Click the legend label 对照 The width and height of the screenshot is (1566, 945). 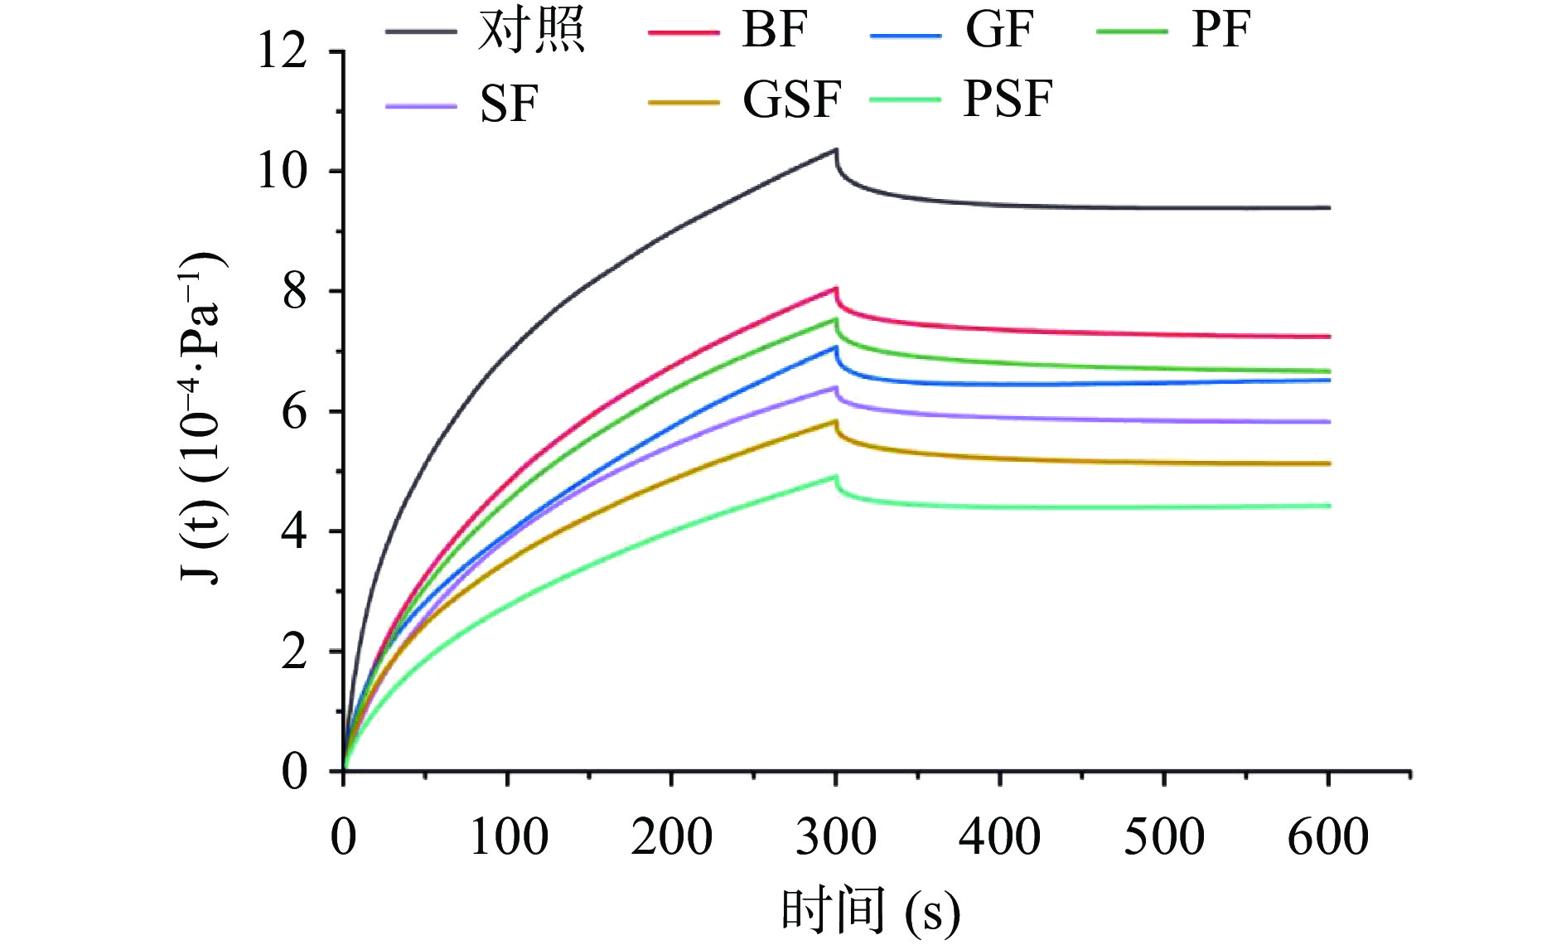click(x=531, y=31)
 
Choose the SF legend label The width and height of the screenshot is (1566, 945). click(x=509, y=104)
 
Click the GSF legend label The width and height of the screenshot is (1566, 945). click(x=791, y=100)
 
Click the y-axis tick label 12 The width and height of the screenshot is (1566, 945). click(x=283, y=51)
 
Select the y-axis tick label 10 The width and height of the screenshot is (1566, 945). click(x=283, y=172)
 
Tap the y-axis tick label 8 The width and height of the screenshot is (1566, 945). click(x=294, y=292)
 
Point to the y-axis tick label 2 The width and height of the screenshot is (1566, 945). click(x=294, y=652)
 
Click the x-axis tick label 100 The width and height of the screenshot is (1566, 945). click(x=508, y=836)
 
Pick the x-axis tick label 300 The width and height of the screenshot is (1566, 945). click(x=836, y=836)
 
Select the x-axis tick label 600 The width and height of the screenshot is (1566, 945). click(x=1328, y=836)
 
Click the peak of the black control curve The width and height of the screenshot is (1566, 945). click(x=836, y=150)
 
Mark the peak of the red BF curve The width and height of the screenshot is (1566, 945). click(x=836, y=288)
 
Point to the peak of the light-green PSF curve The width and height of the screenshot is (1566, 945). click(x=835, y=477)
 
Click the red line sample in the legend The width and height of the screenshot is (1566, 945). click(x=684, y=32)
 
